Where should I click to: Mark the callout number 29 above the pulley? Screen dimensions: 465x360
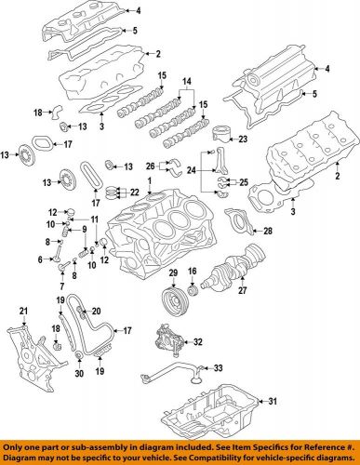pyautogui.click(x=172, y=271)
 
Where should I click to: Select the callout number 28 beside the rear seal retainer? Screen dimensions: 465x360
pyautogui.click(x=269, y=230)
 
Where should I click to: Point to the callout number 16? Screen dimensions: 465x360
pyautogui.click(x=193, y=271)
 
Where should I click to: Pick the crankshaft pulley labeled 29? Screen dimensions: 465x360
pyautogui.click(x=172, y=299)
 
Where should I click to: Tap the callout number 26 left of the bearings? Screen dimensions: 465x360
pyautogui.click(x=149, y=165)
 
